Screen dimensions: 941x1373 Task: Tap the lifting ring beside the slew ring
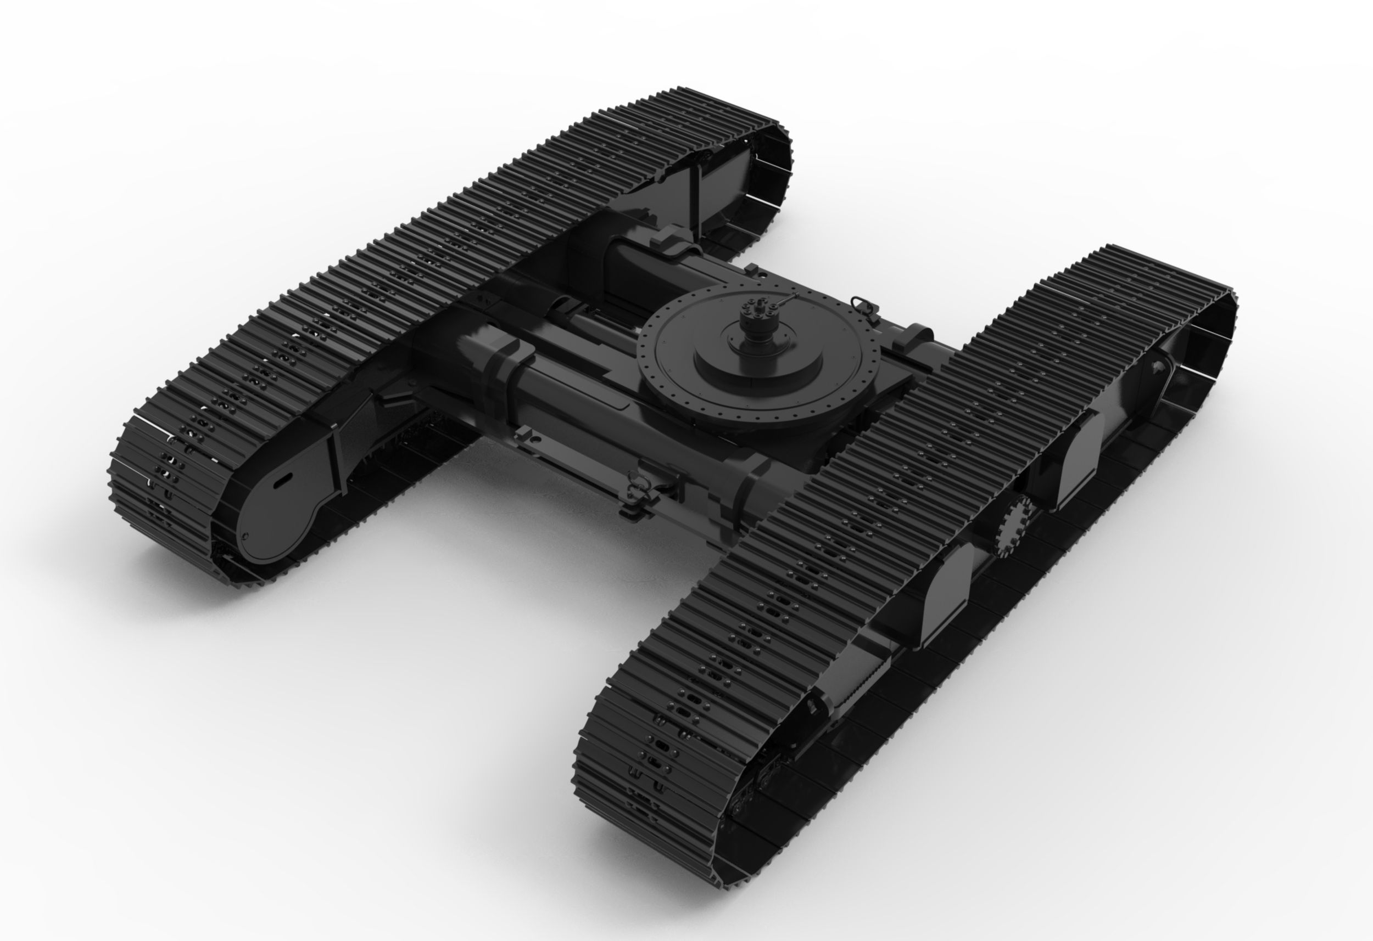click(859, 305)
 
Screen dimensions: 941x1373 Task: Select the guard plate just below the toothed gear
click(945, 593)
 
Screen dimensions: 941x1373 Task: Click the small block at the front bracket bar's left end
click(522, 436)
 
